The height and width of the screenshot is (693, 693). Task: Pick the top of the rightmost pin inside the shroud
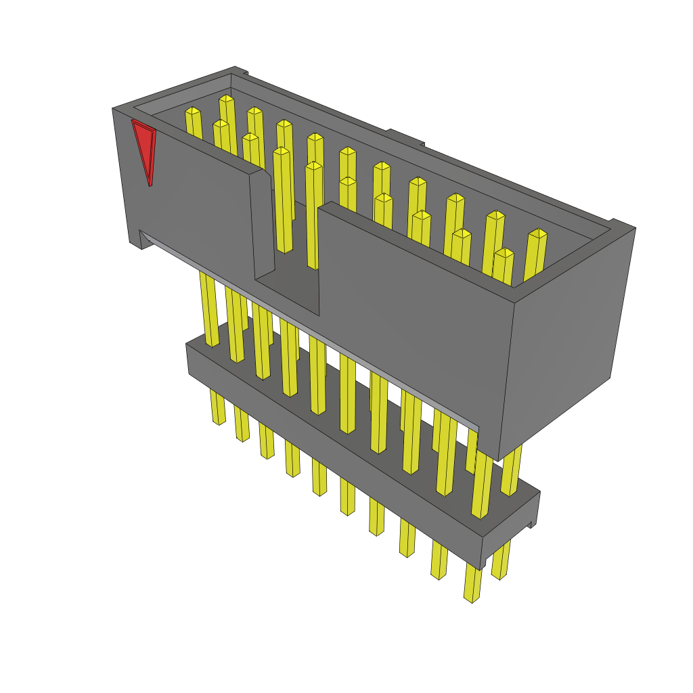click(537, 233)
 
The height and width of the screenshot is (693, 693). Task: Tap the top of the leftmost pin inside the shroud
click(193, 111)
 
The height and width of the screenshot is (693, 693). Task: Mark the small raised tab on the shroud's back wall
click(405, 137)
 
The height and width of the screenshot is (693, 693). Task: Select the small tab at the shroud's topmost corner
click(240, 70)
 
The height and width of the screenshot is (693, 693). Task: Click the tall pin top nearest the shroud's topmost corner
click(226, 99)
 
